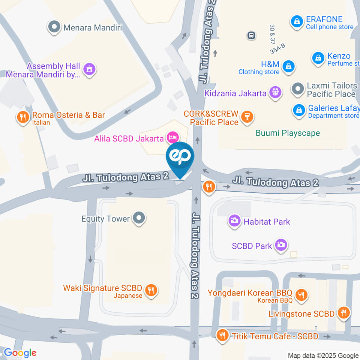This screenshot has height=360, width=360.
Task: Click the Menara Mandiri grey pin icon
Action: pyautogui.click(x=55, y=27)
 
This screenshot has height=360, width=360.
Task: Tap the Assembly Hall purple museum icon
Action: pyautogui.click(x=90, y=69)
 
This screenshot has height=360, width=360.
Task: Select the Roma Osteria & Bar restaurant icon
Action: pyautogui.click(x=23, y=117)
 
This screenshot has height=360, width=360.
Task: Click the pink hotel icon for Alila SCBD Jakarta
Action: pyautogui.click(x=172, y=137)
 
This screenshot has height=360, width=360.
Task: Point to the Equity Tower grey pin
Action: pyautogui.click(x=139, y=218)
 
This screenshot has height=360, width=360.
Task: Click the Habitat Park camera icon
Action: pyautogui.click(x=235, y=220)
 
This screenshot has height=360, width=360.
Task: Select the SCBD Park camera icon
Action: pyautogui.click(x=280, y=245)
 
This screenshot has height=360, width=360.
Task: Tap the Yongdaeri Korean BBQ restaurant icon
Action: pyautogui.click(x=301, y=295)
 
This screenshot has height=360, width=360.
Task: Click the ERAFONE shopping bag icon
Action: pyautogui.click(x=297, y=21)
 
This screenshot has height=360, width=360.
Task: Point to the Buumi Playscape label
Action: pyautogui.click(x=288, y=133)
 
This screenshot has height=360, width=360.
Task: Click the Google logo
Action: pyautogui.click(x=20, y=352)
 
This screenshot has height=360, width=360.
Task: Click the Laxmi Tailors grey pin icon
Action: pyautogui.click(x=298, y=89)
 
